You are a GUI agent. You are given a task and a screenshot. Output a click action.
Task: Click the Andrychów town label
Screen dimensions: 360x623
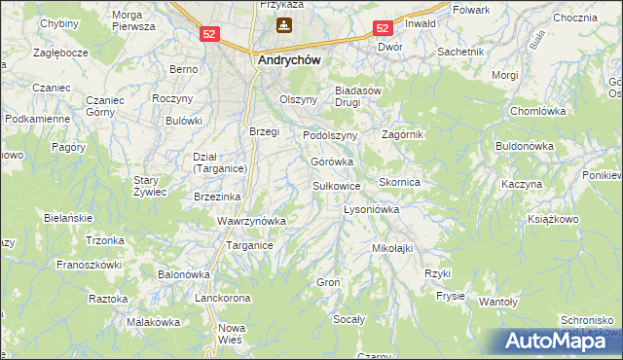pos(289,58)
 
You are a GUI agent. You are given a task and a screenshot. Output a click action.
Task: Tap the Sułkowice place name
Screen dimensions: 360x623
pos(337,185)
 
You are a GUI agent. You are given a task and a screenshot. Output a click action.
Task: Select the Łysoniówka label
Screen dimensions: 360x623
pos(372,209)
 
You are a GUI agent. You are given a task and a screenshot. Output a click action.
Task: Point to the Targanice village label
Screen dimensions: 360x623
pos(249,245)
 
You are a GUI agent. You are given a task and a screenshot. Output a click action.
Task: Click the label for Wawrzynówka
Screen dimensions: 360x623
pos(251,221)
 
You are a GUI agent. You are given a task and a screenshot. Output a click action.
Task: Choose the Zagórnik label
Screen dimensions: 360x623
pos(403,134)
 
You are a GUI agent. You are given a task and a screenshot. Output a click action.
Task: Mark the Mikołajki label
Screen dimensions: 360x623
pos(392,248)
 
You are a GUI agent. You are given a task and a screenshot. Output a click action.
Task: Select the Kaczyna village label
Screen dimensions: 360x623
pos(521,184)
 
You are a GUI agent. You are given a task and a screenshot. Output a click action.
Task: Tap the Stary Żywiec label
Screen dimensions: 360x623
pos(151,186)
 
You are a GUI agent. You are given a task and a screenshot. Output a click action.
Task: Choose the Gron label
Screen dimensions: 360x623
pos(327,282)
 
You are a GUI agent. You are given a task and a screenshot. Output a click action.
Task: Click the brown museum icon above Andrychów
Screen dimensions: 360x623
pos(283,24)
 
